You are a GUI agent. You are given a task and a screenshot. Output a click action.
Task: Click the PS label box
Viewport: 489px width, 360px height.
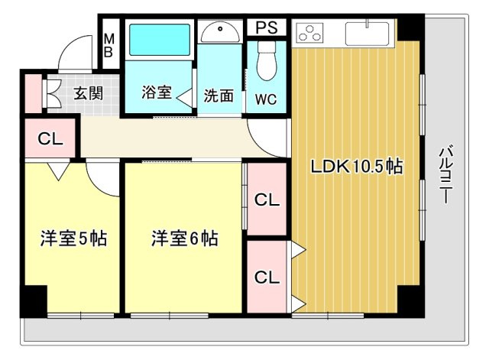click(266, 28)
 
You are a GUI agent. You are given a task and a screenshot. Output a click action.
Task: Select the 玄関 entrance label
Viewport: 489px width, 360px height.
click(89, 94)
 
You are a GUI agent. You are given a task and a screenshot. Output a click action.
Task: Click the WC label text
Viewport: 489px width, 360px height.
click(266, 99)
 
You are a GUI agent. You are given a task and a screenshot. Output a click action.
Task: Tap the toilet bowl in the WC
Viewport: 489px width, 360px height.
click(267, 60)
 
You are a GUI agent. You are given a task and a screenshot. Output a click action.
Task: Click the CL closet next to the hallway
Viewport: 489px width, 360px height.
click(50, 139)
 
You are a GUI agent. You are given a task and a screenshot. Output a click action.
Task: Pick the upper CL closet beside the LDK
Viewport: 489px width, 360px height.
click(266, 200)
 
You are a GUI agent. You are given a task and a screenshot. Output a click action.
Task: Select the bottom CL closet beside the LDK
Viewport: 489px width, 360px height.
click(266, 276)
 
